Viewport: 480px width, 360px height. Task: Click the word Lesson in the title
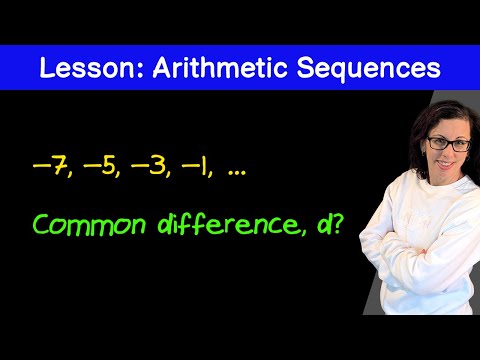point(87,68)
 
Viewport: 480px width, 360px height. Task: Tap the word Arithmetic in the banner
point(220,68)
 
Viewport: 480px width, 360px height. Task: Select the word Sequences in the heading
point(369,68)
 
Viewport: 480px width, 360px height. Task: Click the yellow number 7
point(59,166)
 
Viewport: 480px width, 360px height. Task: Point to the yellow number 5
point(108,166)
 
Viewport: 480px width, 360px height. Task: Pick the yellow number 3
point(157,166)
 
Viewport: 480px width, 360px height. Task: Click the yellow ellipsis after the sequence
point(237,173)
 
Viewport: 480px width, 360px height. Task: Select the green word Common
point(89,225)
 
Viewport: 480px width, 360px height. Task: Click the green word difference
point(228,223)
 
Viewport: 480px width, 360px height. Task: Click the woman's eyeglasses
point(449,144)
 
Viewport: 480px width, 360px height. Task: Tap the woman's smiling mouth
point(446,164)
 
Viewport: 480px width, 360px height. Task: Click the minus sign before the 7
point(42,166)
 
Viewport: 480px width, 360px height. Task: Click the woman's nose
point(448,153)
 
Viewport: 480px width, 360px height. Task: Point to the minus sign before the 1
point(190,166)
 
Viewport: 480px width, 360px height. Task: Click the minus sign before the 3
point(140,166)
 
